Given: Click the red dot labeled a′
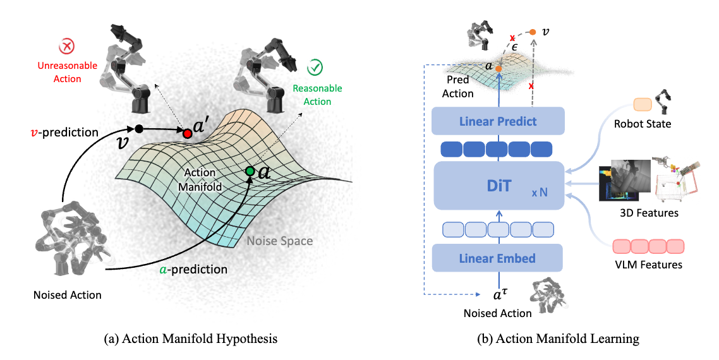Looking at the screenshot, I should tap(187, 134).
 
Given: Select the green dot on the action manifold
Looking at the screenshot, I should tap(250, 171).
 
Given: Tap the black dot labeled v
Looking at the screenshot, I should tap(139, 129).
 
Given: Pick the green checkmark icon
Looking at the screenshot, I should tap(314, 68).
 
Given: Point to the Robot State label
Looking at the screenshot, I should tap(643, 124).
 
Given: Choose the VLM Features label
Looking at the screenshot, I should tap(648, 265).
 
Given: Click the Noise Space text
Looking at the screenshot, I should tap(280, 241).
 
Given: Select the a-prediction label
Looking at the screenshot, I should tap(193, 270).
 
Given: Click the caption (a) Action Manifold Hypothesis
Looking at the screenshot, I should tap(190, 339).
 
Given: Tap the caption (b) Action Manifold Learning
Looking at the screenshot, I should tap(558, 339).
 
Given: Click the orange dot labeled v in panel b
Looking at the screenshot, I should tap(533, 31).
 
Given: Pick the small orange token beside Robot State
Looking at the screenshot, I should tap(642, 105).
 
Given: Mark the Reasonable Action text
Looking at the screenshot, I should tap(317, 95).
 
